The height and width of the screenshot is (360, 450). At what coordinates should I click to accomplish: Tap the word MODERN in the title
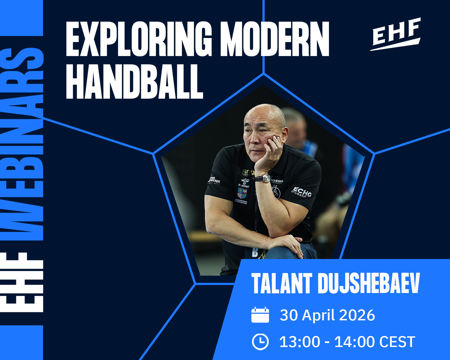pyautogui.click(x=275, y=39)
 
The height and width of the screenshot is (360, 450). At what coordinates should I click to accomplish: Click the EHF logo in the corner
pyautogui.click(x=396, y=34)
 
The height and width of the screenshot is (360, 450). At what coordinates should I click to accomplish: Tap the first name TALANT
pyautogui.click(x=282, y=284)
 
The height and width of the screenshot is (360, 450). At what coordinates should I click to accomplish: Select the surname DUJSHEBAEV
pyautogui.click(x=368, y=284)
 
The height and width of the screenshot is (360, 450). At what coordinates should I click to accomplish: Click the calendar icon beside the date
pyautogui.click(x=260, y=315)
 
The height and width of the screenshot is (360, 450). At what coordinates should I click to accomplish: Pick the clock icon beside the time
pyautogui.click(x=260, y=342)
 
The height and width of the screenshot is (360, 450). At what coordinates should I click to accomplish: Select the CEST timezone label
pyautogui.click(x=397, y=342)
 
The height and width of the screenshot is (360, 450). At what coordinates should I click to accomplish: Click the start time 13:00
pyautogui.click(x=299, y=342)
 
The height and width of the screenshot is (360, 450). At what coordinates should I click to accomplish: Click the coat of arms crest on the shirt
pyautogui.click(x=242, y=193)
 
